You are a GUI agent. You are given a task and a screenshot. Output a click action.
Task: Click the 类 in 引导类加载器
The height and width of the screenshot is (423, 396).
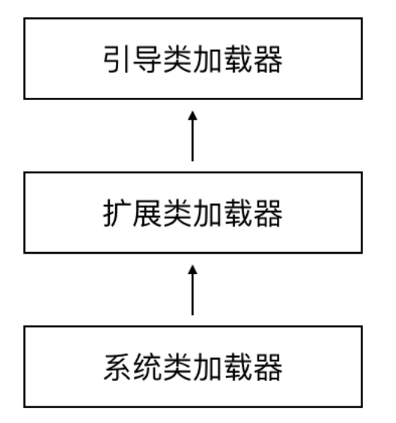coord(178,59)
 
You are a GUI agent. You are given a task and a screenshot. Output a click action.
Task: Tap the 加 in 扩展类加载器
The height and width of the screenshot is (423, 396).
coord(208,213)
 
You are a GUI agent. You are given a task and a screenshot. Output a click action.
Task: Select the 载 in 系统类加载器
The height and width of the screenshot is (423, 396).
coord(238,367)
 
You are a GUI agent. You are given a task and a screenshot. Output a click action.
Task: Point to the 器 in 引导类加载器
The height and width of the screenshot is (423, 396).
coord(268,59)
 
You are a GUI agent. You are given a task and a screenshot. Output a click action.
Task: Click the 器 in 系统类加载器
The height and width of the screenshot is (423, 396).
coord(268,367)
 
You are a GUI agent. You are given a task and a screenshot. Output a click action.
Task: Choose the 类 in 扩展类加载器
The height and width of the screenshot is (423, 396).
coord(178,213)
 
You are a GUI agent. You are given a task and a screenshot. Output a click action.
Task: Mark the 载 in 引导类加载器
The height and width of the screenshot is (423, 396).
coord(238,59)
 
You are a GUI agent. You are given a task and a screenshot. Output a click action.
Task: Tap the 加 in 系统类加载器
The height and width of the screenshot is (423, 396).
coord(208,367)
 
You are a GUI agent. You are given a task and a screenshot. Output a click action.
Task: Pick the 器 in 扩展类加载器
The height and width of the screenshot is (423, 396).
coord(268,213)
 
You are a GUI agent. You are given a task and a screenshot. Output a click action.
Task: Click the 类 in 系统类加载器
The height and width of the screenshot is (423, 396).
coord(178,367)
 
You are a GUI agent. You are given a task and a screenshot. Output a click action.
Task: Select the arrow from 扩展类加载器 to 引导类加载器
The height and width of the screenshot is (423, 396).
coord(193,136)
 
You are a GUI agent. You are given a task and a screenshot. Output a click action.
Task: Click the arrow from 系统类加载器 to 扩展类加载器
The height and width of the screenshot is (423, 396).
coord(193,291)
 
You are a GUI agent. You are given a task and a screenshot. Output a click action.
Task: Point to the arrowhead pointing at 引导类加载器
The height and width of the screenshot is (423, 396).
coord(193,115)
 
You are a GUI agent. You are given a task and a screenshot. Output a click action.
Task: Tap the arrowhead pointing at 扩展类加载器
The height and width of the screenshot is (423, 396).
coord(193,269)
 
